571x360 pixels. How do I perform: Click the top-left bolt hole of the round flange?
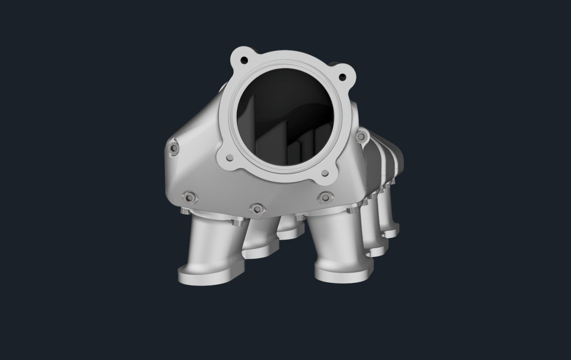pyautogui.click(x=244, y=59)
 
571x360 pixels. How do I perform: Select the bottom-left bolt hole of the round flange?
pyautogui.click(x=230, y=157)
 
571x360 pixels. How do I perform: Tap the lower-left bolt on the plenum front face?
pyautogui.click(x=187, y=196)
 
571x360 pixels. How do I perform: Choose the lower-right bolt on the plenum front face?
pyautogui.click(x=324, y=197)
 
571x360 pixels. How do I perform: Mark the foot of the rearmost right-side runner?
pyautogui.click(x=391, y=232)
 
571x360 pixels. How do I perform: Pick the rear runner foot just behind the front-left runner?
pyautogui.click(x=261, y=250)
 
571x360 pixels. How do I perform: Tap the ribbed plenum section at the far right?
pyautogui.click(x=387, y=158)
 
